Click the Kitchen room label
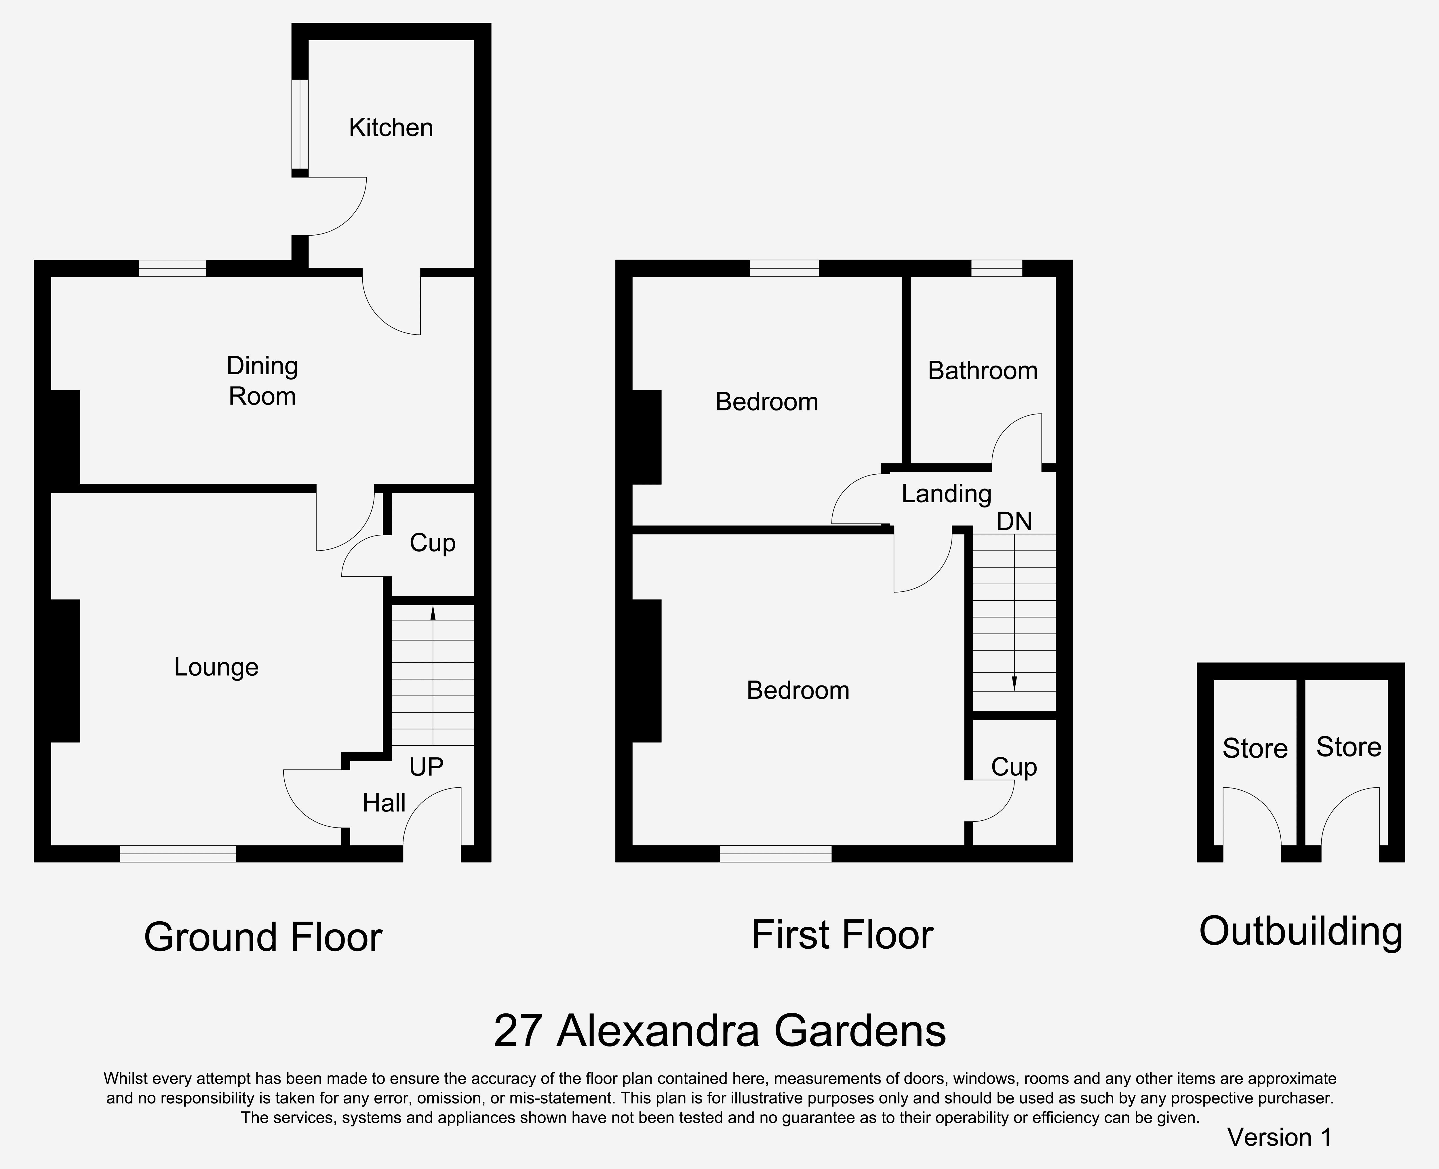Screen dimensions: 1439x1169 pyautogui.click(x=391, y=127)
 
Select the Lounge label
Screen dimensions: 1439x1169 pyautogui.click(x=216, y=667)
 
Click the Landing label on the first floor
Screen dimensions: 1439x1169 pyautogui.click(x=947, y=494)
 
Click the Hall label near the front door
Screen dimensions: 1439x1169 pyautogui.click(x=384, y=803)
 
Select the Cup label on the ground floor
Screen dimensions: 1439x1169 pyautogui.click(x=433, y=543)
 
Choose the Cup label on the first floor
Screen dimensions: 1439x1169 pyautogui.click(x=1014, y=767)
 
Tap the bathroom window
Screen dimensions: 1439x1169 pyautogui.click(x=996, y=268)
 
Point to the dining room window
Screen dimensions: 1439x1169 pyautogui.click(x=172, y=268)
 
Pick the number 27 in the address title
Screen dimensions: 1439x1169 pyautogui.click(x=517, y=1031)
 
